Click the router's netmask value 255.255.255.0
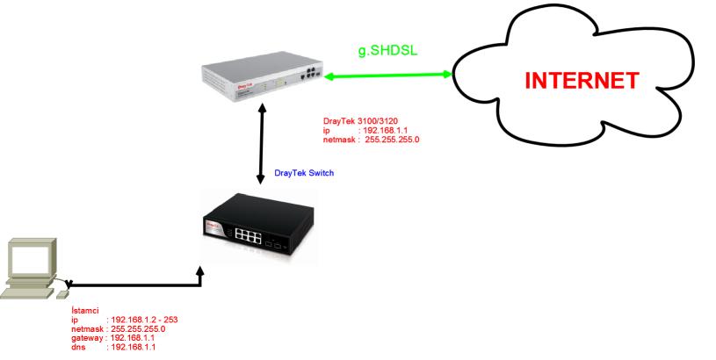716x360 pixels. [x=391, y=138]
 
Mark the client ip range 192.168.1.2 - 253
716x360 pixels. [x=141, y=320]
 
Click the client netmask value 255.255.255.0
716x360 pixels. [x=135, y=328]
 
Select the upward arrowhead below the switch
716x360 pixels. [x=200, y=273]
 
